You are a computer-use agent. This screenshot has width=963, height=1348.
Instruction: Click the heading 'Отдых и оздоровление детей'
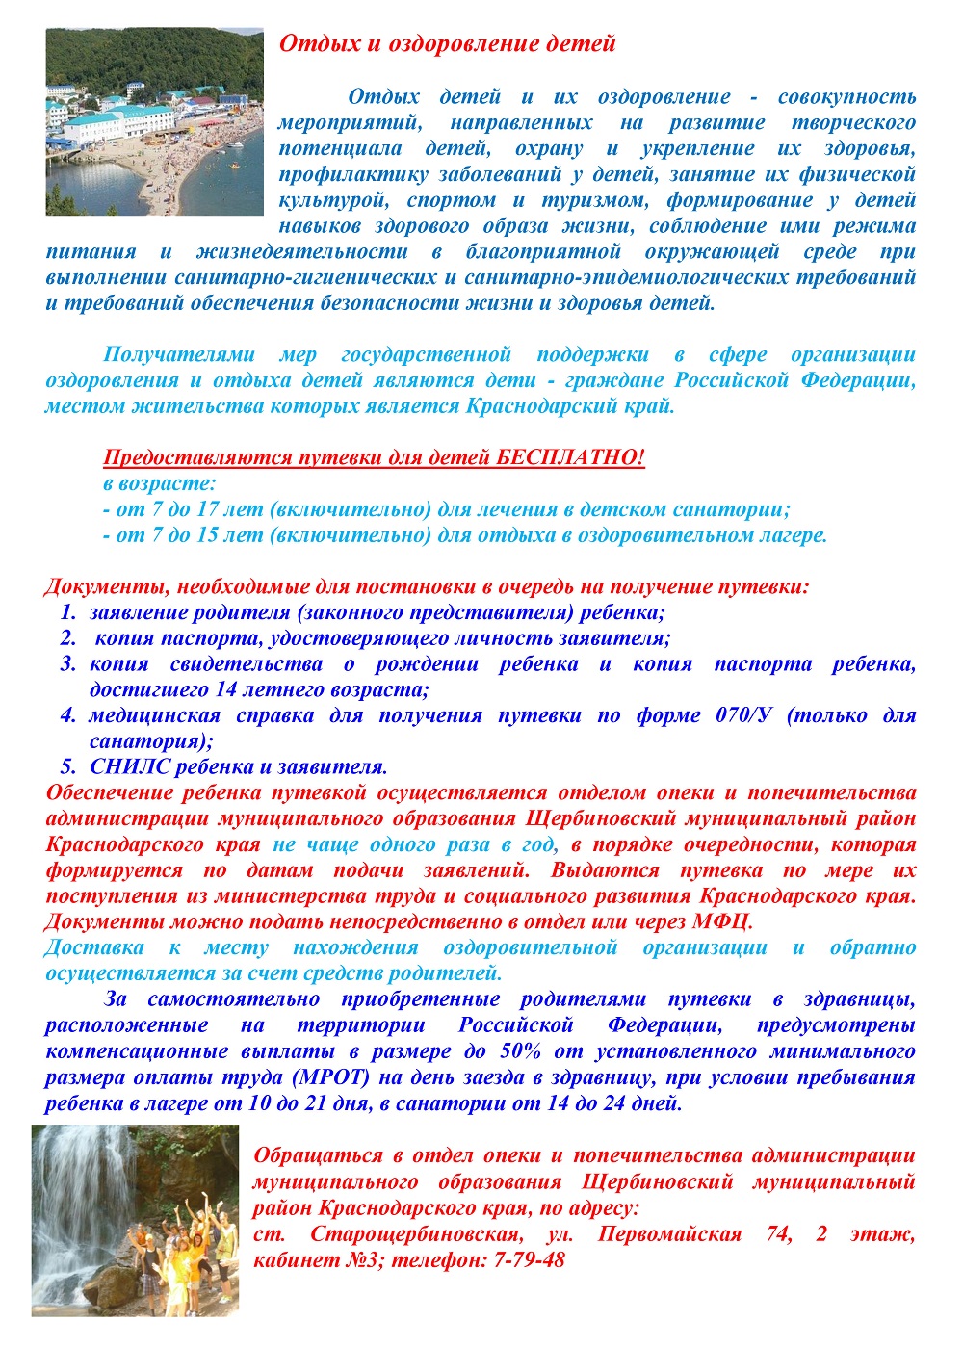(447, 43)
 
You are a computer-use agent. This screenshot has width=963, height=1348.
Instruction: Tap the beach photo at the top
(154, 121)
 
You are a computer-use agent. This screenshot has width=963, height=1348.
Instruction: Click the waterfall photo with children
(135, 1220)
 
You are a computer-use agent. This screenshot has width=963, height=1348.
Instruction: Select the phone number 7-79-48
(529, 1259)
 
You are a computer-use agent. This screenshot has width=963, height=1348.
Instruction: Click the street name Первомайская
(669, 1233)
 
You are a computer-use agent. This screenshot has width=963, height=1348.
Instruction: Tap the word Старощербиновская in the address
(417, 1233)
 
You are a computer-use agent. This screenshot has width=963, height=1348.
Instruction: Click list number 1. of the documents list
(67, 612)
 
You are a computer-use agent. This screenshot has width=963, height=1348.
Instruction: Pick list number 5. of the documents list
(67, 767)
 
